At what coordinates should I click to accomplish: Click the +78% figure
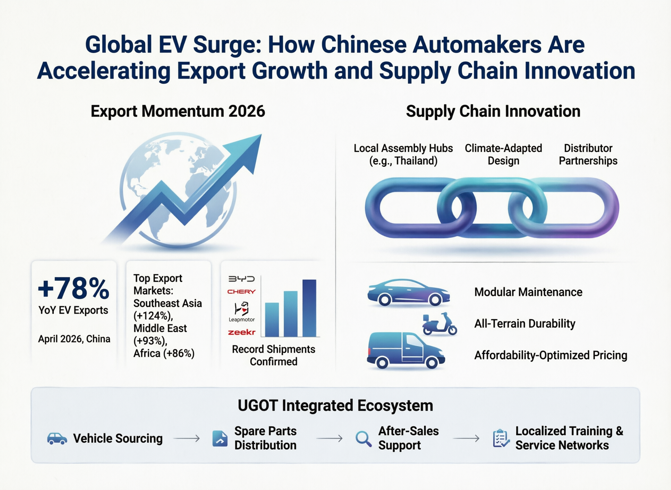73,288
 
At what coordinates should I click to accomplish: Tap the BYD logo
241,279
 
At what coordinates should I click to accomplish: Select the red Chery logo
241,292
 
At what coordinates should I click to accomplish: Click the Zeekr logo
241,332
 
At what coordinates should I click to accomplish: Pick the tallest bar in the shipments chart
309,308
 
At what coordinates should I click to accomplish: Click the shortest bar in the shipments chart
272,320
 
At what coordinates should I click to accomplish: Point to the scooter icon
439,324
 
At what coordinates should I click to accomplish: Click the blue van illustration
406,350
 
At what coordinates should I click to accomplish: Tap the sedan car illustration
409,292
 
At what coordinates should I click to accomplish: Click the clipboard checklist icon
501,438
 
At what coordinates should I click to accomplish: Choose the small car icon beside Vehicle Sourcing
57,439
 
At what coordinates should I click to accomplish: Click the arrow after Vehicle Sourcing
186,438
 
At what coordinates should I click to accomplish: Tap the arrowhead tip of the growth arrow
262,134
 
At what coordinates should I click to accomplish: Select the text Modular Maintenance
528,292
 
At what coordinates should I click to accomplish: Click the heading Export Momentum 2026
178,111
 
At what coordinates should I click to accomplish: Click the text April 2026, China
74,339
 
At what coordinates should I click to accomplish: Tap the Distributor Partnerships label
588,155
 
